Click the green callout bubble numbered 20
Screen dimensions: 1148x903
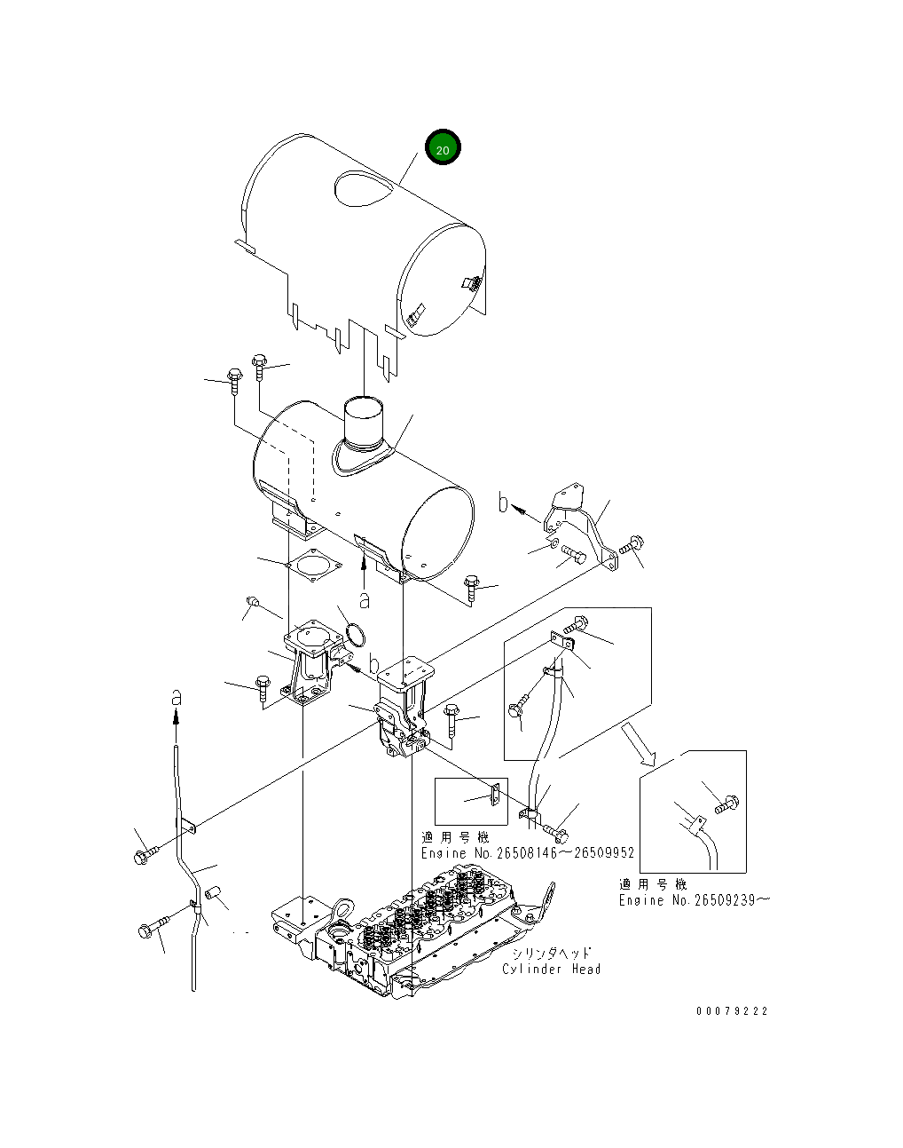tap(443, 148)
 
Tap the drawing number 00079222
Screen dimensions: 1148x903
tap(732, 1010)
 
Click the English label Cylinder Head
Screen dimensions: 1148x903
tap(551, 969)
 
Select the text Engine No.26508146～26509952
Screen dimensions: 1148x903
tap(527, 853)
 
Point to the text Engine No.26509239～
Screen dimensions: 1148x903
tap(694, 900)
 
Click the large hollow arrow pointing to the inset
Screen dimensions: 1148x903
tap(638, 742)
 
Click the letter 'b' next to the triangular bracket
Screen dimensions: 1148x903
tap(504, 503)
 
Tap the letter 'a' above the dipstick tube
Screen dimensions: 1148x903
tap(176, 697)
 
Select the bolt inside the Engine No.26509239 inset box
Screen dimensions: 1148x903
tap(726, 805)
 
